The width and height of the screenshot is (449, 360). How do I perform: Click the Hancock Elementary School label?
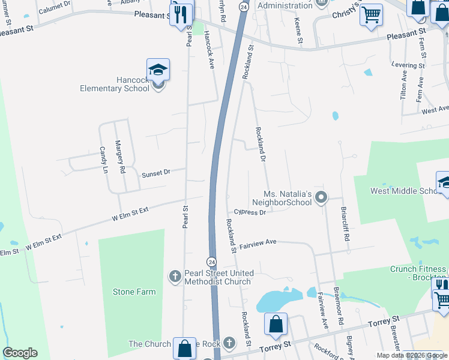(x=115, y=85)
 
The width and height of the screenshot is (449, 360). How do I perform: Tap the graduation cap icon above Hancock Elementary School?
(x=158, y=70)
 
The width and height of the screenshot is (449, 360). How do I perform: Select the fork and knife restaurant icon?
(x=181, y=13)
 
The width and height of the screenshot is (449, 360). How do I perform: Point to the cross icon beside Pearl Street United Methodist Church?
(x=175, y=277)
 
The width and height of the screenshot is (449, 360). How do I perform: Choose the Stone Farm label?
(x=134, y=292)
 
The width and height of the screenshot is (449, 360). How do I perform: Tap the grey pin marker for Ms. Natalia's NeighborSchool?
(x=321, y=197)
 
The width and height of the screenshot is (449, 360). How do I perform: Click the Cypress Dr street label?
(x=250, y=212)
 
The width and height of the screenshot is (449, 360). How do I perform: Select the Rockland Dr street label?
(x=261, y=145)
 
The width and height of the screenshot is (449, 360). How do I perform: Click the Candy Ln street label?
(x=103, y=160)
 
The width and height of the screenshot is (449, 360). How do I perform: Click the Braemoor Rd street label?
(x=337, y=304)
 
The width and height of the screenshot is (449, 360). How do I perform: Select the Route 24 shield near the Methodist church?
(x=211, y=262)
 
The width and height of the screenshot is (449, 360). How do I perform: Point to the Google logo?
(x=20, y=353)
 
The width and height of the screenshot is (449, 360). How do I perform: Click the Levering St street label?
(x=408, y=65)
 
